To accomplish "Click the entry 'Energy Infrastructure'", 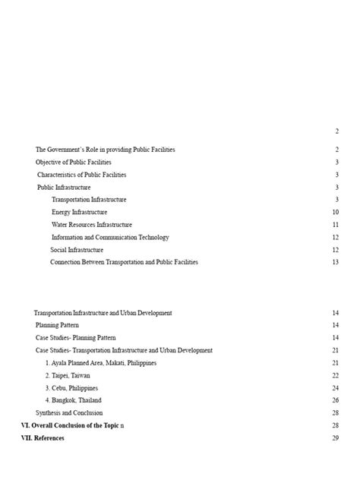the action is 79,212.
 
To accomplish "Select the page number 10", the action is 335,212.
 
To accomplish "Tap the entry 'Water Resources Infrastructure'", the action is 91,225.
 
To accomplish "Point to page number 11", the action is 335,225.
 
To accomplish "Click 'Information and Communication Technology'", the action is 110,237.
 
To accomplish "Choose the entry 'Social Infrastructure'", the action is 77,250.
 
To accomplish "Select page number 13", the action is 335,262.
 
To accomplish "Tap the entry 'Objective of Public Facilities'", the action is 73,162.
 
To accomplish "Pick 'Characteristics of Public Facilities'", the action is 81,175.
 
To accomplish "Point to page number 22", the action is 335,375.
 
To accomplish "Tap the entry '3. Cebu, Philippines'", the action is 71,388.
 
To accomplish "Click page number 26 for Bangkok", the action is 335,400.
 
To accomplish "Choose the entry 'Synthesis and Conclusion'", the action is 69,412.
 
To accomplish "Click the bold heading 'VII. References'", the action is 43,438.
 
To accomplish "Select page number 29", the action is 335,438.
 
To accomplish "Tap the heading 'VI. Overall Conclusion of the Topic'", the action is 69,425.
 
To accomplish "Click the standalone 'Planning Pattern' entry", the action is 57,325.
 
